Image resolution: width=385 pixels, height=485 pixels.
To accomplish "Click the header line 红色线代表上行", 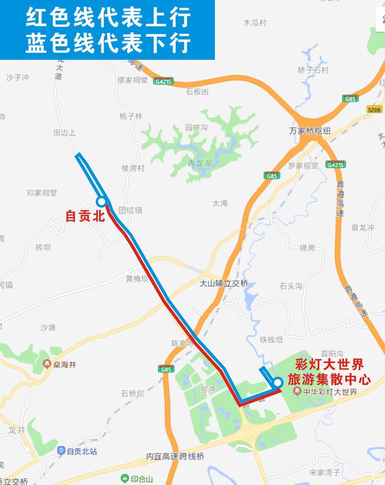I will tap(107, 17).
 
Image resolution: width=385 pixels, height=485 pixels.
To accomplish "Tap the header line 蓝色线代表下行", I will tap(107, 43).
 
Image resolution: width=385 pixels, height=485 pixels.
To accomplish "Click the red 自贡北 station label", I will tap(85, 216).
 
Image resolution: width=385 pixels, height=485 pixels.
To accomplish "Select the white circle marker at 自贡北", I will tap(101, 202).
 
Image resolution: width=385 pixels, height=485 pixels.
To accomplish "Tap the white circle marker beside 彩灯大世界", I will tap(278, 382).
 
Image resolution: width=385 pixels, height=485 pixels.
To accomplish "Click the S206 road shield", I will tap(374, 109).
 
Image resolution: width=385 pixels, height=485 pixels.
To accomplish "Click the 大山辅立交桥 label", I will tap(224, 283).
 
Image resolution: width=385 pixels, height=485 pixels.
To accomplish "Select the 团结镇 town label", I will tap(130, 210).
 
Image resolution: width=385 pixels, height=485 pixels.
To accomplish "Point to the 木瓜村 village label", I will tap(255, 23).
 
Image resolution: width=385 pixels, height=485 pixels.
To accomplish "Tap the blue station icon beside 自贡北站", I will tap(61, 451).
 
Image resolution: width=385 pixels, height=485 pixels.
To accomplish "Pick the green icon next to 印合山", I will tap(124, 478).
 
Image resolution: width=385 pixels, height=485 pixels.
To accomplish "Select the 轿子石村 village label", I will tap(313, 70).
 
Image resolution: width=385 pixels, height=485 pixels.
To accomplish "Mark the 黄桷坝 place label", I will tap(137, 278).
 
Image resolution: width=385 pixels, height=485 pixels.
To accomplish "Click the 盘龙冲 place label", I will tap(362, 227).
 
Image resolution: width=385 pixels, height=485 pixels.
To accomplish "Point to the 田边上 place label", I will tap(65, 133).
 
